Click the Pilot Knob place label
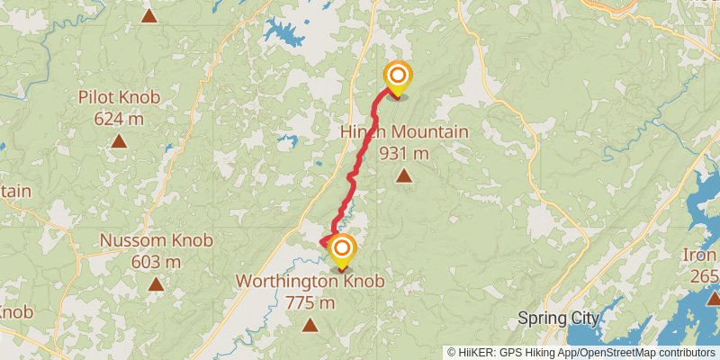(x=118, y=97)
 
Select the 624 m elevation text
(x=118, y=117)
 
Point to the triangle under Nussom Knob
(x=156, y=283)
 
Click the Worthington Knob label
(x=310, y=282)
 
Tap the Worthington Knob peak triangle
(x=310, y=324)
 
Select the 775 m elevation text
(x=310, y=302)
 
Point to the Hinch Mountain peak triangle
(x=404, y=175)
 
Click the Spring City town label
(x=558, y=319)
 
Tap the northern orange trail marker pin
(x=397, y=77)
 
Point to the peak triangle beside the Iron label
(x=713, y=297)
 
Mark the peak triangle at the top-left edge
(x=149, y=14)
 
